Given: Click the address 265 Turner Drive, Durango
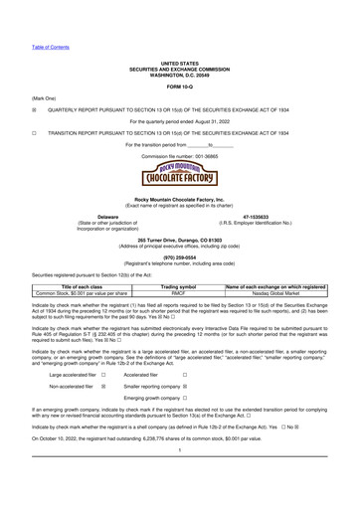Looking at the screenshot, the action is (x=180, y=242).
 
